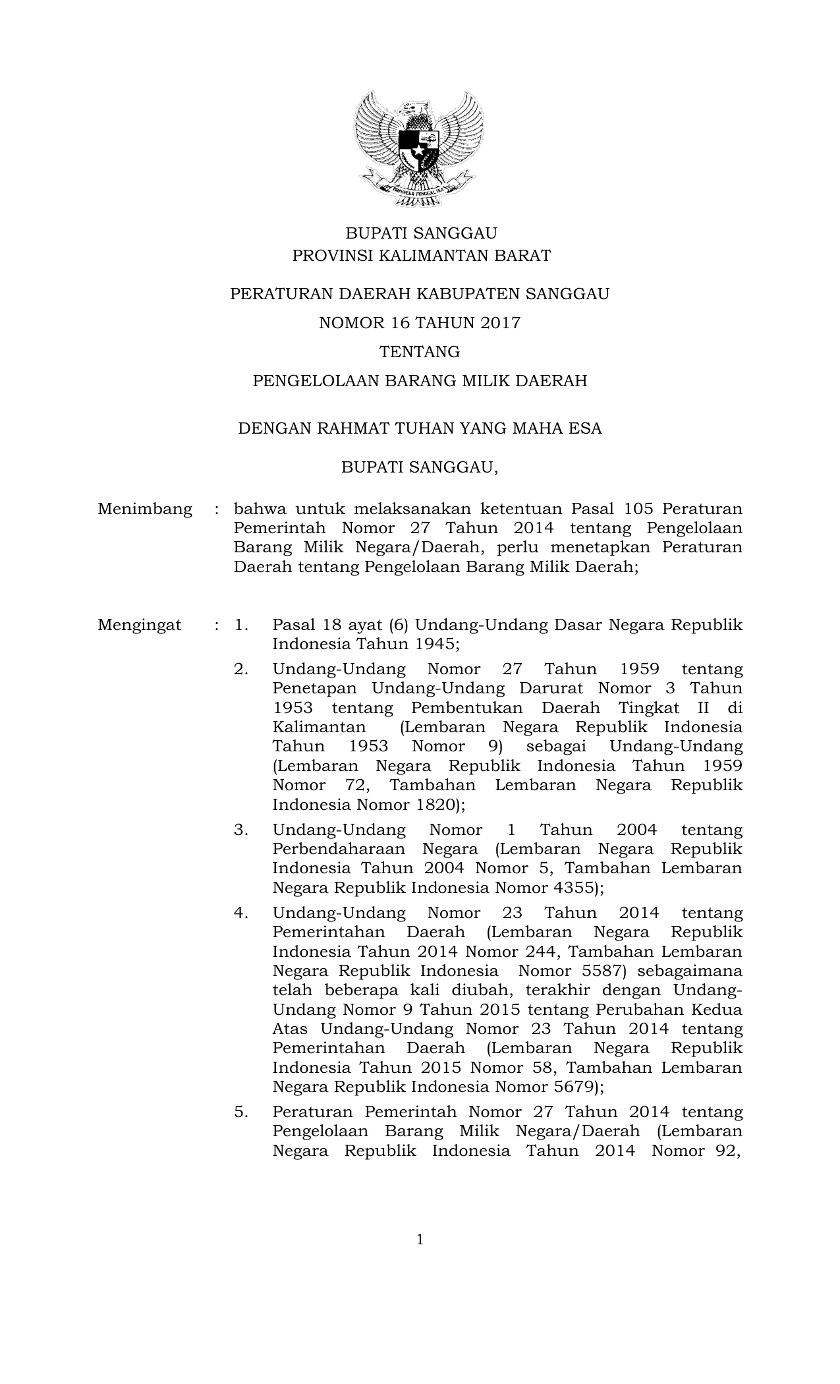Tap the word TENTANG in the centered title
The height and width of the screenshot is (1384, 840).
[x=420, y=352]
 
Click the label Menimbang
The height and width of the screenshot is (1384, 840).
[x=145, y=509]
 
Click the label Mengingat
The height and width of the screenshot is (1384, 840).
[x=140, y=625]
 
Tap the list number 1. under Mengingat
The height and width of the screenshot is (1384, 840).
[x=242, y=625]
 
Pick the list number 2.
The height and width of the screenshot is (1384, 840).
[x=241, y=670]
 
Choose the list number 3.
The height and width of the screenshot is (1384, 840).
[x=241, y=830]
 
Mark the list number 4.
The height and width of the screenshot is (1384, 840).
[x=241, y=913]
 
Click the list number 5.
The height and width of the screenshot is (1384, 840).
[x=241, y=1112]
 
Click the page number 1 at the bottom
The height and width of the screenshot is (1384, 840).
[x=420, y=1240]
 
